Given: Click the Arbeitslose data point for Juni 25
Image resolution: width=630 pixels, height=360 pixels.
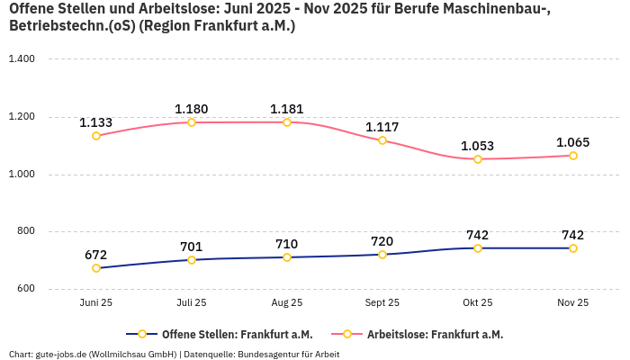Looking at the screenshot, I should pyautogui.click(x=96, y=136).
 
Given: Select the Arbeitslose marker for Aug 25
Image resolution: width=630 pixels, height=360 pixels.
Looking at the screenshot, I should pyautogui.click(x=287, y=122).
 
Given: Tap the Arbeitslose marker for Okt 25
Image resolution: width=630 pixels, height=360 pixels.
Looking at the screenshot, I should pyautogui.click(x=478, y=159).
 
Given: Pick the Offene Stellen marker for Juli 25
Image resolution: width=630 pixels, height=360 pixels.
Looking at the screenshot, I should pyautogui.click(x=192, y=260).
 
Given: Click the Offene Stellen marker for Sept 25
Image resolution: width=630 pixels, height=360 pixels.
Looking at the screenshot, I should pyautogui.click(x=382, y=255).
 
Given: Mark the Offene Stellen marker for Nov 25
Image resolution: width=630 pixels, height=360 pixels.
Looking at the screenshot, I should pyautogui.click(x=573, y=248).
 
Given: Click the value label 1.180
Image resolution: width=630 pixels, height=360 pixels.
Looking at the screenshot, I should pyautogui.click(x=192, y=109).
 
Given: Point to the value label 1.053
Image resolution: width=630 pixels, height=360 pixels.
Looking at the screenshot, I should pyautogui.click(x=478, y=146).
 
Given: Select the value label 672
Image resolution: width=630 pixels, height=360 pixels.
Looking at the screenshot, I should pyautogui.click(x=96, y=255).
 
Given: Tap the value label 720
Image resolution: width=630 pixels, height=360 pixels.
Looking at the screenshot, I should pyautogui.click(x=382, y=241).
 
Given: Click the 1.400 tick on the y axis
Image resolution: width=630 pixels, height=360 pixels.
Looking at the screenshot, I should pyautogui.click(x=21, y=59).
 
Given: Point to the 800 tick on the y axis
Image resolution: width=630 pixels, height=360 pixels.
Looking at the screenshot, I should pyautogui.click(x=25, y=231).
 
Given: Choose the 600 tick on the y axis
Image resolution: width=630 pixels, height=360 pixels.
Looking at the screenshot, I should pyautogui.click(x=25, y=289).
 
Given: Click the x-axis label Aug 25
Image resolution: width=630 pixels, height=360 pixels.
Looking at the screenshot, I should pyautogui.click(x=287, y=303).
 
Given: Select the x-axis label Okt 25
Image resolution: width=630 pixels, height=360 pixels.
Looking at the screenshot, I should pyautogui.click(x=478, y=303).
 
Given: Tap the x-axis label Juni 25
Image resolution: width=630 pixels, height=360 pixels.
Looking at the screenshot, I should pyautogui.click(x=96, y=303).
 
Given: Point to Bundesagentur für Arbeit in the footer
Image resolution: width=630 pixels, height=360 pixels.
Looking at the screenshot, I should pyautogui.click(x=289, y=354).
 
